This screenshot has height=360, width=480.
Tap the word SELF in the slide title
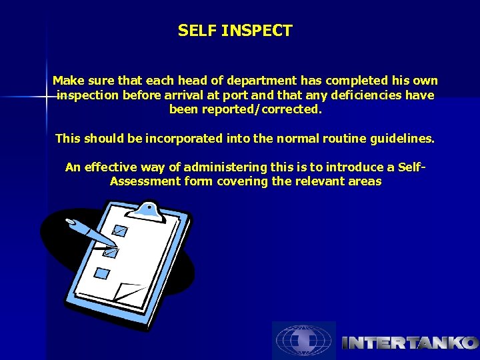click(x=197, y=31)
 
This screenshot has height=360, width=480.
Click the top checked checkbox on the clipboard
click(x=121, y=231)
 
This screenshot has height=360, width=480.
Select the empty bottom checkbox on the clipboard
click(x=101, y=273)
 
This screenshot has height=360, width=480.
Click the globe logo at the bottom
click(x=303, y=340)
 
